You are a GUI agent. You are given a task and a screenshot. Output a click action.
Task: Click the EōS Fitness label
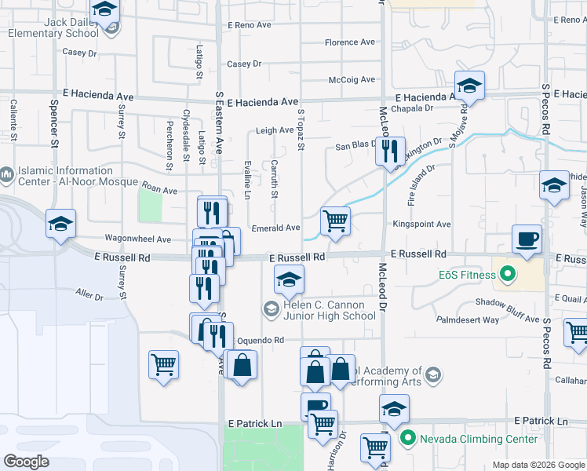coord(467,275)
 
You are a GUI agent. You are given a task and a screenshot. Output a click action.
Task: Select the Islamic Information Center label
coord(64,176)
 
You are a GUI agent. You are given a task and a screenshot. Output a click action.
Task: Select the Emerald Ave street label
coord(276,228)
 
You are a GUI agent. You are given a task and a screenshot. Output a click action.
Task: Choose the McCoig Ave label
coord(352,79)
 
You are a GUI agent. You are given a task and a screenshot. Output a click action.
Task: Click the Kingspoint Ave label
coord(422,225)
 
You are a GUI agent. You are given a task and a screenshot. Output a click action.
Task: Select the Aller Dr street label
coord(89,296)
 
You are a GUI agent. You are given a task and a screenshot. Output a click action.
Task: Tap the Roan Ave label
coord(159,190)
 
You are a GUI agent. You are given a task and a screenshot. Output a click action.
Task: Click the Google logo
coord(26,462)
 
